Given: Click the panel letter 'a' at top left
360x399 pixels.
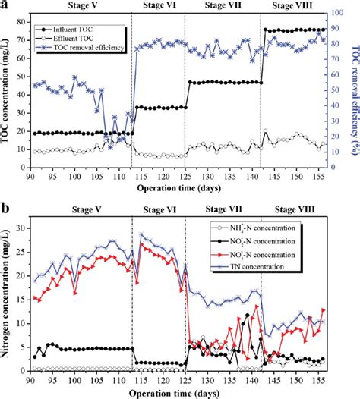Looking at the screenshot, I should point(6,6).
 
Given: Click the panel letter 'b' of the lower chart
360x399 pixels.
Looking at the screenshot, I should point(6,206).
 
